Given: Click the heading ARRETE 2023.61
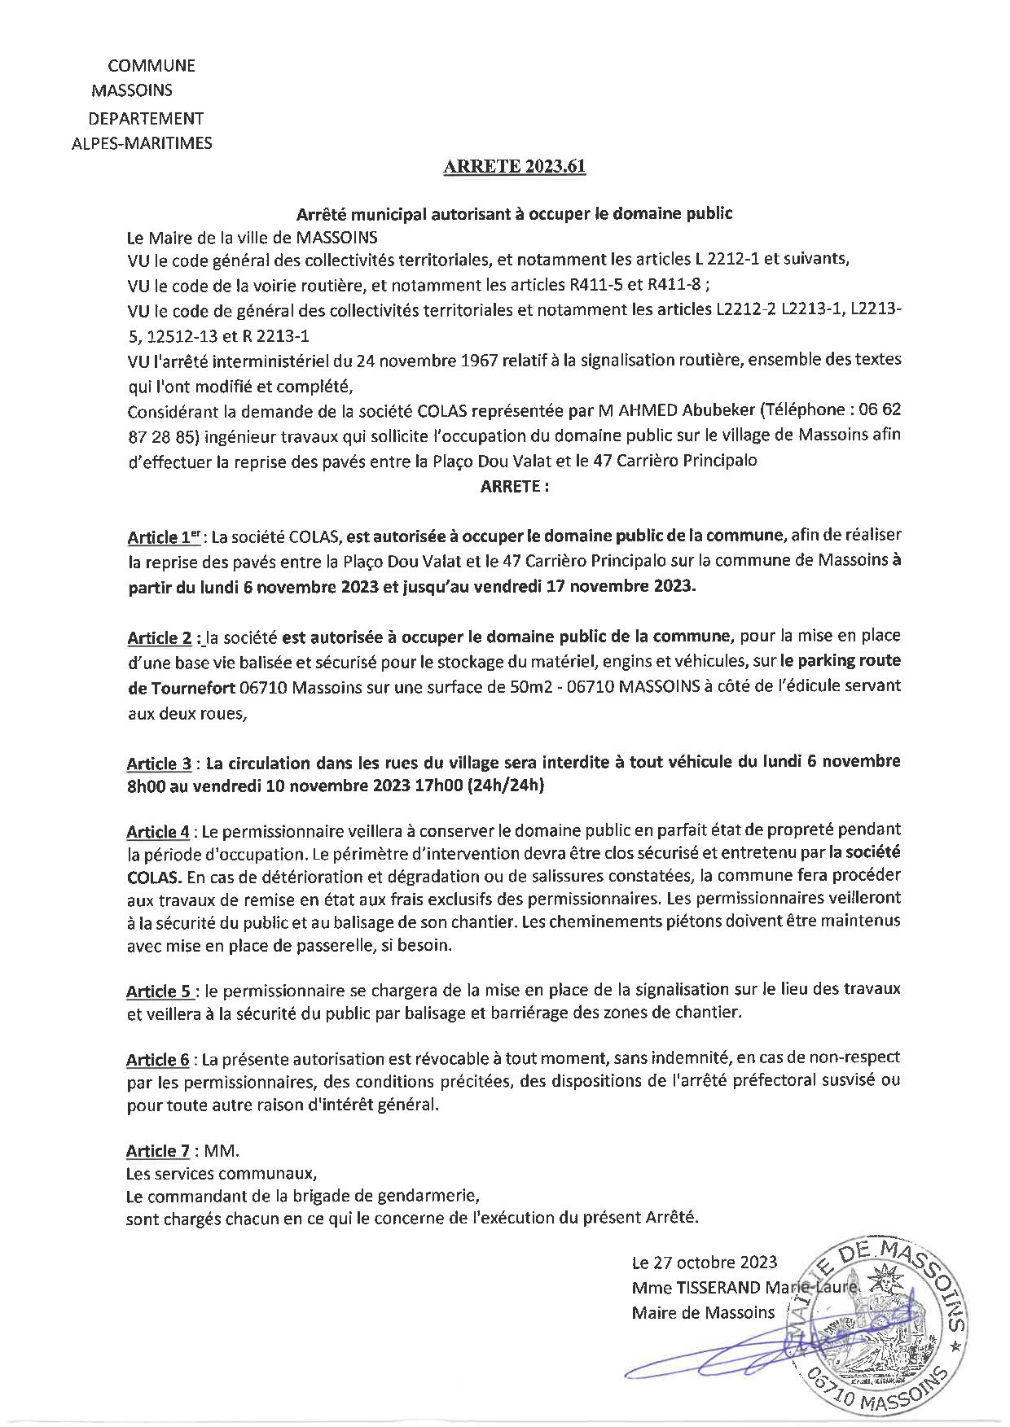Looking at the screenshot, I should point(514,169).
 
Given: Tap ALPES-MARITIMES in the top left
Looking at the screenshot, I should point(143,143).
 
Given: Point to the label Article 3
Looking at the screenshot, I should point(159,764).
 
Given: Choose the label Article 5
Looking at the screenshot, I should point(160,991).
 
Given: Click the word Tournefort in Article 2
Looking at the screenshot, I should point(193,686).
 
